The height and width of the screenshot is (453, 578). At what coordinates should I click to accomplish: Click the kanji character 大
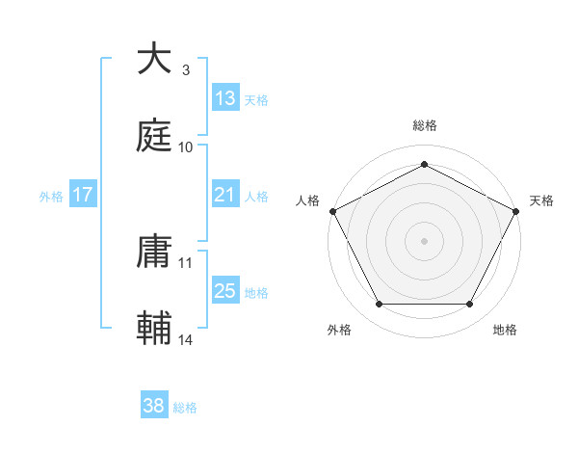[x=154, y=60]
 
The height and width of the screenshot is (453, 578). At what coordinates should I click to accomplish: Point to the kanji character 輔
[x=154, y=328]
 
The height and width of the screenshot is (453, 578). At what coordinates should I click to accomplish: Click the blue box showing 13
[x=225, y=98]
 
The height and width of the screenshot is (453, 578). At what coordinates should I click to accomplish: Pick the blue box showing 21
[x=225, y=196]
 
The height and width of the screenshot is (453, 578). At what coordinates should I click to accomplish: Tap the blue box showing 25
[x=225, y=291]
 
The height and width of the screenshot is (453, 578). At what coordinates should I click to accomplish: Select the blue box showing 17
[x=83, y=195]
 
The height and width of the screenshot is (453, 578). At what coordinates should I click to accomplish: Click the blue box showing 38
[x=154, y=406]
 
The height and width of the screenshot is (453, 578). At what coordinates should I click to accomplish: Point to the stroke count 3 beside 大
[x=186, y=70]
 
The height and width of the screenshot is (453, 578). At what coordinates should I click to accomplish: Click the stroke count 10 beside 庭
[x=186, y=147]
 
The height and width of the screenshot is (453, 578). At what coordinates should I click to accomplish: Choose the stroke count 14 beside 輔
[x=186, y=339]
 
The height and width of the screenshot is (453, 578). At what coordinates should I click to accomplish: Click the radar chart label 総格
[x=425, y=125]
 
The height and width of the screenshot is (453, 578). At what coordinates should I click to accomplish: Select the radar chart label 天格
[x=541, y=200]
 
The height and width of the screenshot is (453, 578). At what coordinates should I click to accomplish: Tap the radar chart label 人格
[x=308, y=200]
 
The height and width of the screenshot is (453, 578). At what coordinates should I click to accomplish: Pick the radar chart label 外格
[x=339, y=330]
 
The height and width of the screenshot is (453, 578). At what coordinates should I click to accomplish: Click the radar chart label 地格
[x=505, y=330]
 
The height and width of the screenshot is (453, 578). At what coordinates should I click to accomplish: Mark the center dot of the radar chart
[x=424, y=240]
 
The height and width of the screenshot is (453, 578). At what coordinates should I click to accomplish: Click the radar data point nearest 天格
[x=517, y=210]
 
